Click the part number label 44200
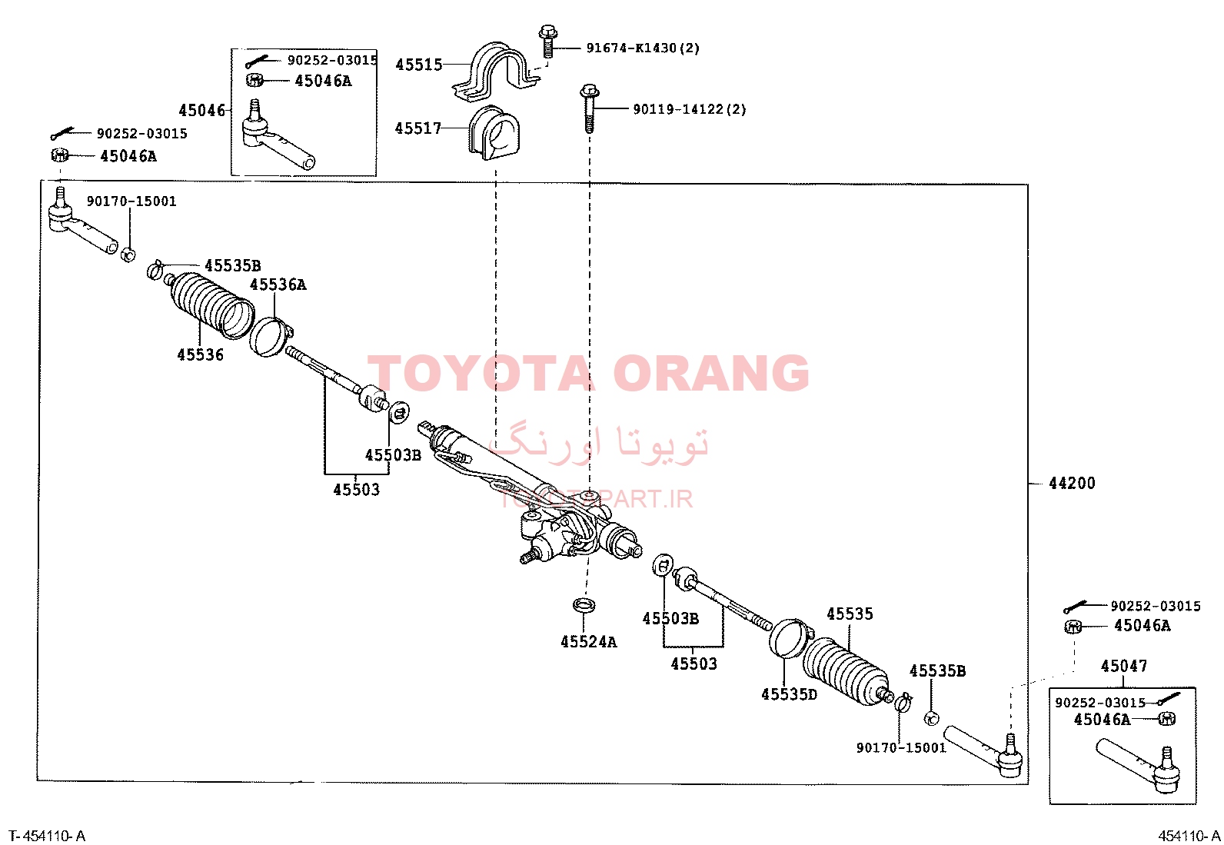click(x=1072, y=483)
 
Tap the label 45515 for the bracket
click(x=418, y=65)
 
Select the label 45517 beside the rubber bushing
click(x=418, y=128)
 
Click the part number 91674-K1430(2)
click(x=643, y=48)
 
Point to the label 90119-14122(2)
click(x=690, y=109)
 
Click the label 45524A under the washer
click(x=588, y=642)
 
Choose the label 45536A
click(x=278, y=284)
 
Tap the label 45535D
click(x=789, y=694)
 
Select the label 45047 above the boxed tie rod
click(x=1124, y=666)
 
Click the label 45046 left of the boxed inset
click(x=201, y=111)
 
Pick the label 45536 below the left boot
click(x=200, y=354)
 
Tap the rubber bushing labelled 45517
click(x=494, y=133)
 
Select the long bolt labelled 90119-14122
click(x=589, y=108)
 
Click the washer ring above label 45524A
click(x=584, y=605)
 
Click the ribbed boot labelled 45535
click(x=845, y=670)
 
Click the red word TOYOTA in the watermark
click(x=479, y=373)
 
